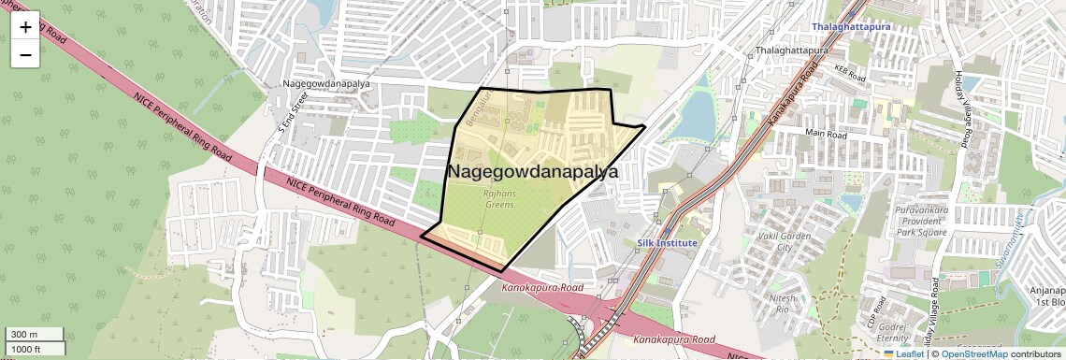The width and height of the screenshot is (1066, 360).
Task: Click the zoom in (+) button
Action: [x=25, y=27]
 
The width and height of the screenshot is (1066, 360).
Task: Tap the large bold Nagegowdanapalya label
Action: [x=533, y=172]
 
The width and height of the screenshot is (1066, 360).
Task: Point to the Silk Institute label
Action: [x=668, y=243]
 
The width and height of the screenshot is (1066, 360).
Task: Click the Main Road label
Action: [x=826, y=135]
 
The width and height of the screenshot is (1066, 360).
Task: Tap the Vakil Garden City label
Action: [x=784, y=242]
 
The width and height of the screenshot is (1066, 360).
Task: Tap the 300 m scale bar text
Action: [x=25, y=335]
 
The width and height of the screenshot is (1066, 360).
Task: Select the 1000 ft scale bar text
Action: [x=27, y=349]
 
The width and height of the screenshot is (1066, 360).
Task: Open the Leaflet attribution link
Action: [x=903, y=353]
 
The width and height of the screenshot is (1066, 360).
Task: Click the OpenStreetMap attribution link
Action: [x=973, y=353]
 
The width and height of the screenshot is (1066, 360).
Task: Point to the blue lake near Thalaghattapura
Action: [x=694, y=117]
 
